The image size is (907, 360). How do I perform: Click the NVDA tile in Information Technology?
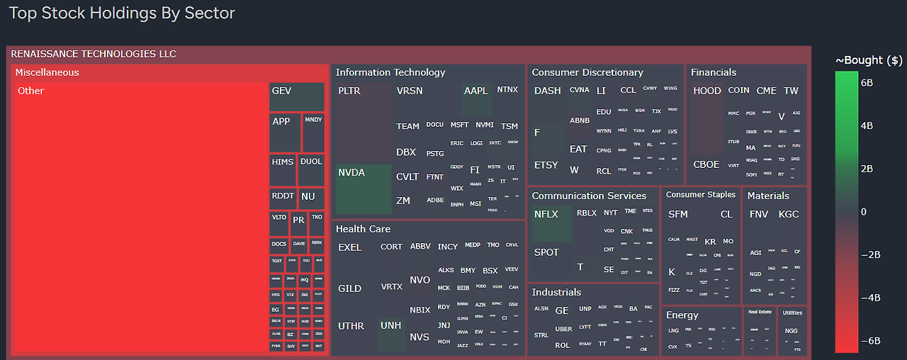click(x=364, y=189)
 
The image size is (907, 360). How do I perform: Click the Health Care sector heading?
click(x=363, y=229)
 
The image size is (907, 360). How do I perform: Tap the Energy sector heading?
click(x=682, y=315)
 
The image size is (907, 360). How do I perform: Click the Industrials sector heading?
click(x=556, y=292)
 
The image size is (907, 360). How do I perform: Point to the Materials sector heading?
click(x=768, y=196)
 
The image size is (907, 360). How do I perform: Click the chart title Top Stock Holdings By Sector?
click(x=122, y=13)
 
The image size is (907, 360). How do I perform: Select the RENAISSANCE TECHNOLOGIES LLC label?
click(x=94, y=54)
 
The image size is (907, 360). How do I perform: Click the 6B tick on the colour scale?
click(x=868, y=83)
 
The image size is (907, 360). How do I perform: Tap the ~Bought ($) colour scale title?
click(x=869, y=60)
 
